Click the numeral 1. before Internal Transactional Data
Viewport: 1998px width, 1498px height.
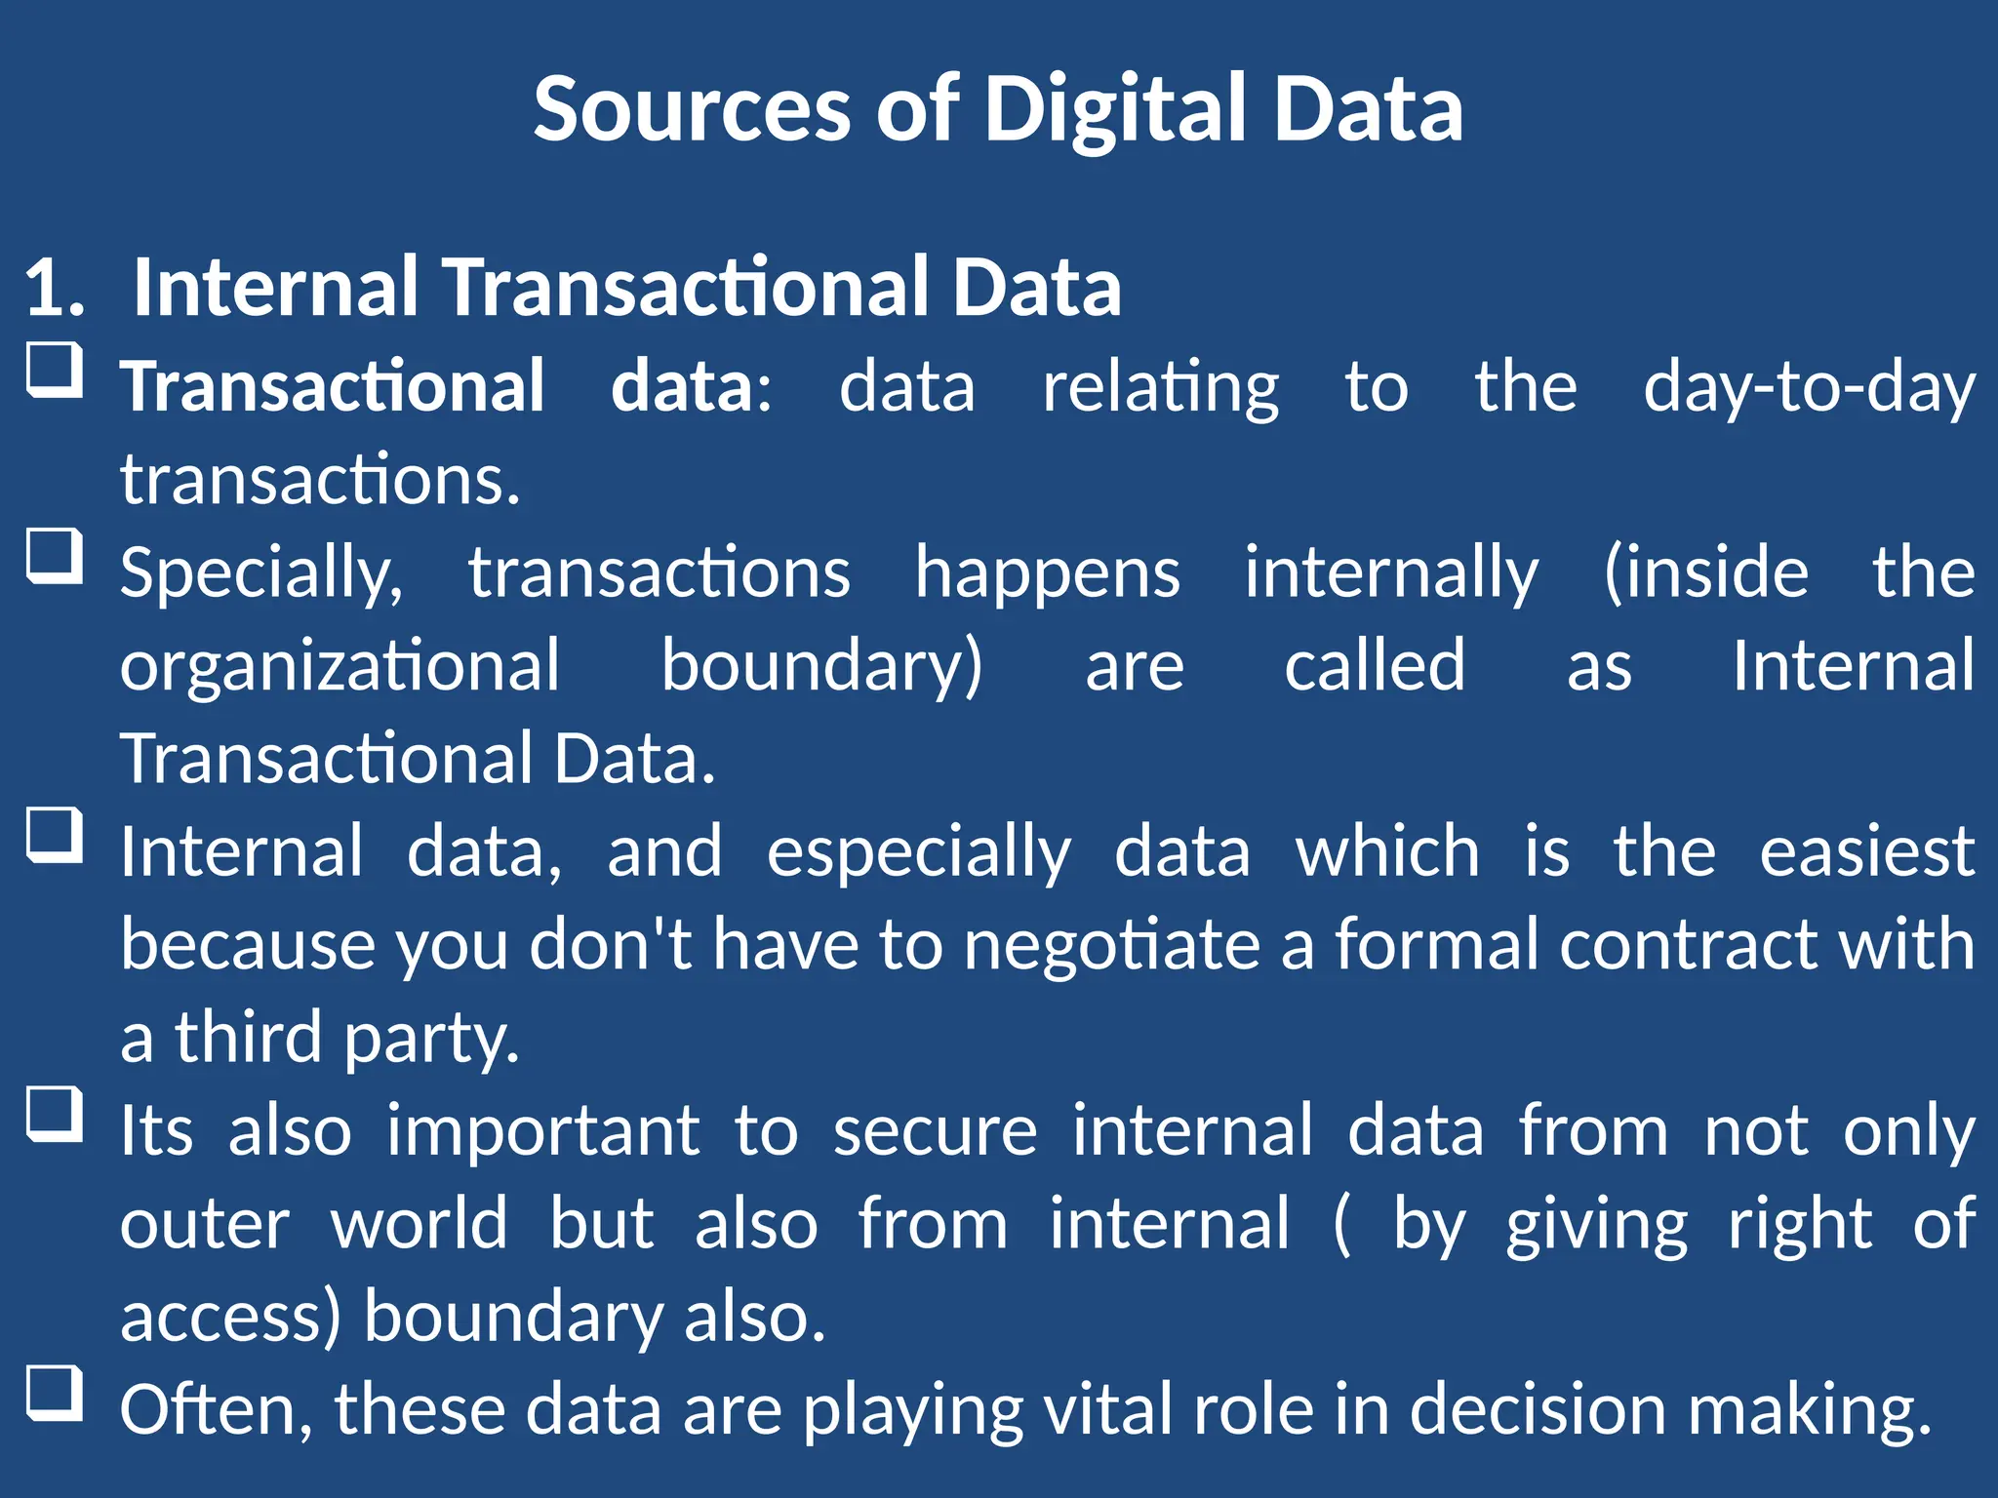coord(55,289)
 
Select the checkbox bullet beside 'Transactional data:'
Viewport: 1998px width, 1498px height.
coord(54,371)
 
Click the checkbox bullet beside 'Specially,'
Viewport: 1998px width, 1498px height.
coord(54,557)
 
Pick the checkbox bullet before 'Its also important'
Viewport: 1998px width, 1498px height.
coord(54,1115)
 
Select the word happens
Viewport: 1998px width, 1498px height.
coord(1047,574)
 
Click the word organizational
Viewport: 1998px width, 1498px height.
coord(340,667)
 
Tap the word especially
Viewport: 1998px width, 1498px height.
coord(918,853)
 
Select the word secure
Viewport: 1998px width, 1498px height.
coord(935,1132)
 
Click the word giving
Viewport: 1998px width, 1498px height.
coord(1596,1226)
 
